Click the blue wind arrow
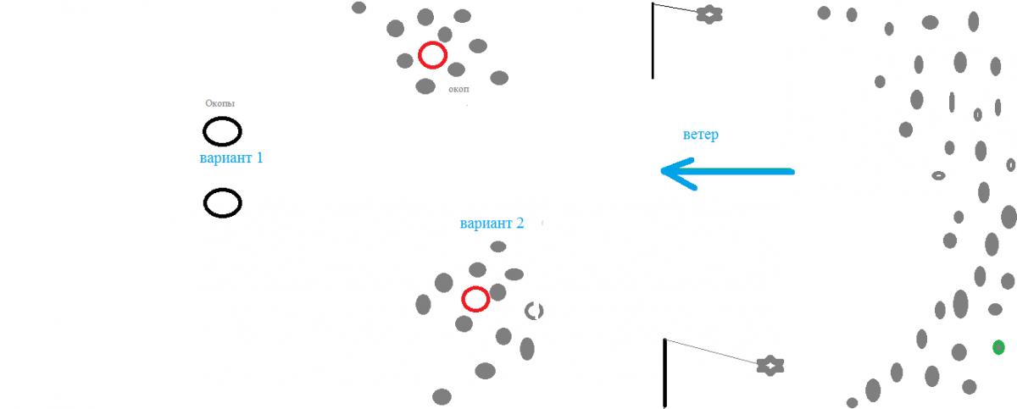pos(729,171)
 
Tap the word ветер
pos(700,135)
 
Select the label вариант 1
pos(231,158)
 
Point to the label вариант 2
pos(492,224)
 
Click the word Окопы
pos(220,103)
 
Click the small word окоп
pos(458,89)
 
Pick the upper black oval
pos(222,131)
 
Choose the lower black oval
pos(222,203)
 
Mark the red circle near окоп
pos(432,55)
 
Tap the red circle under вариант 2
pos(475,299)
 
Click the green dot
pos(998,346)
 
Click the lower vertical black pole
pos(665,373)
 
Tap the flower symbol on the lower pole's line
pos(770,365)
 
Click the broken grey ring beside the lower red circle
pos(533,311)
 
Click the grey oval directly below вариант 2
pos(498,246)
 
